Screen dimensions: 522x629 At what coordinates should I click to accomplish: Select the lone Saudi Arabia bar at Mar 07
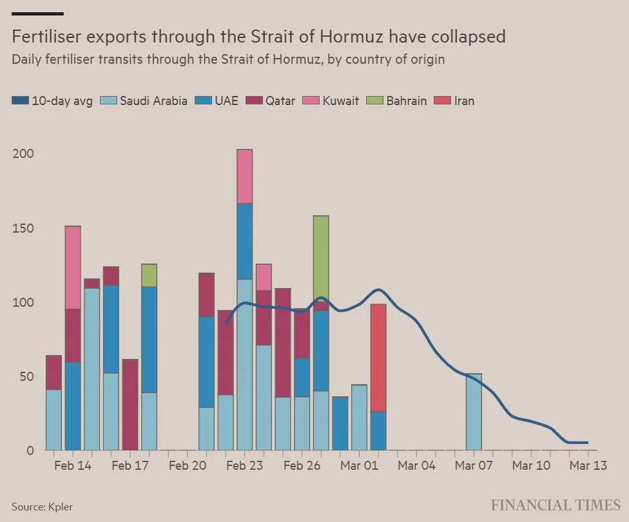click(x=474, y=412)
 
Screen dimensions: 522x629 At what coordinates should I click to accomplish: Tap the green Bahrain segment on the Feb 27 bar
click(x=321, y=258)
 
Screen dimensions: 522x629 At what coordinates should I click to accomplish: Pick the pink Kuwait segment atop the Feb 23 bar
click(x=244, y=177)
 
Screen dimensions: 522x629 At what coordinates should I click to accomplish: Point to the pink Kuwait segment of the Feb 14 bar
click(x=73, y=267)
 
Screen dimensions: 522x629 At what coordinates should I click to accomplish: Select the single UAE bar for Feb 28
click(x=340, y=423)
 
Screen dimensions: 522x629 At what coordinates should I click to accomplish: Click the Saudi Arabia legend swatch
click(x=109, y=101)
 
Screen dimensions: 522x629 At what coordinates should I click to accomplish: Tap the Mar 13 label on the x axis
click(x=588, y=465)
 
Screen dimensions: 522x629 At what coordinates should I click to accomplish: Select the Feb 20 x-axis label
click(x=187, y=465)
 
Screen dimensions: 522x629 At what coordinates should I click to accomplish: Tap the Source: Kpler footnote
click(x=42, y=507)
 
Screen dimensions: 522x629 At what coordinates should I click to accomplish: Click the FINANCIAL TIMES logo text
click(x=555, y=505)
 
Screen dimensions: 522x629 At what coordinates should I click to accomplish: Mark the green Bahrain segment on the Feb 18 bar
click(x=149, y=275)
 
